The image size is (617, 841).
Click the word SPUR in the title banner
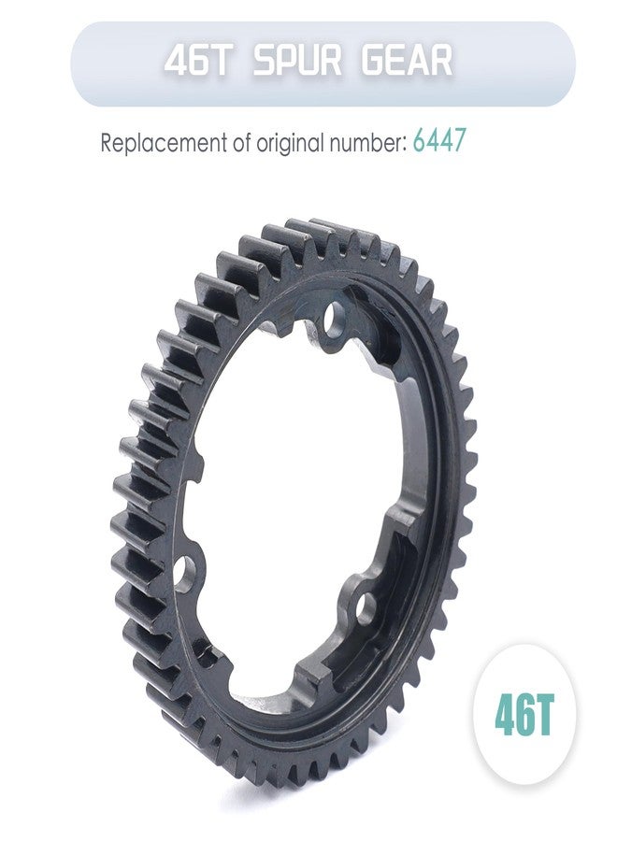click(297, 61)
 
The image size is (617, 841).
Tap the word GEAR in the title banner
click(407, 61)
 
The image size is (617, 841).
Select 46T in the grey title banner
click(198, 61)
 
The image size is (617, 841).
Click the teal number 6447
click(438, 142)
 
